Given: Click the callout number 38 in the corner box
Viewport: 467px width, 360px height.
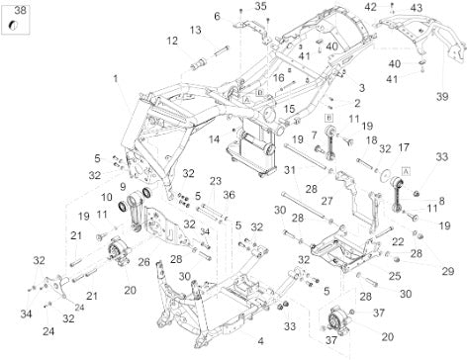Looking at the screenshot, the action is [x=20, y=10].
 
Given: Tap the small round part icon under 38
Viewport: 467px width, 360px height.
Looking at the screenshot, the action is [x=13, y=26].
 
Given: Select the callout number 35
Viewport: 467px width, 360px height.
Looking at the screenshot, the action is [x=260, y=6].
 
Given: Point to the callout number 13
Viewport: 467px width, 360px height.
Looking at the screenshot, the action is [x=195, y=30].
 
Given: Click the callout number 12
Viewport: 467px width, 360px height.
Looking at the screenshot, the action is [x=172, y=41].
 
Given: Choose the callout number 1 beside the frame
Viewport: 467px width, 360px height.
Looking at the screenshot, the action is [x=116, y=79].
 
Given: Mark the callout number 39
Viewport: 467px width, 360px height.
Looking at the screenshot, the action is [x=442, y=97].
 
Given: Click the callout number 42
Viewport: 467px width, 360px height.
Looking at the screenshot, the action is [x=370, y=7].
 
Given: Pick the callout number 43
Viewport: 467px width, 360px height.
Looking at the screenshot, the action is [x=417, y=8].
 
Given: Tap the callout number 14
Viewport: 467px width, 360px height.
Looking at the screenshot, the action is [x=214, y=139].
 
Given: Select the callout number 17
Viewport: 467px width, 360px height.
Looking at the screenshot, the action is [x=404, y=147].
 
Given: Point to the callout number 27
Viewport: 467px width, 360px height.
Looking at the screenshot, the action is [x=327, y=201].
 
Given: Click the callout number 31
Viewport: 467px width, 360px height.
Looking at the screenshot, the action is [x=290, y=170].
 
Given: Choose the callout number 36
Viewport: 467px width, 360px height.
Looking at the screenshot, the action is [x=229, y=195].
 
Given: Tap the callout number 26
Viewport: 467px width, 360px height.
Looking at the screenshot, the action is [x=143, y=262].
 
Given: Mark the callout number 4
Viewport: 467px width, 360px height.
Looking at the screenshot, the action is [x=260, y=341].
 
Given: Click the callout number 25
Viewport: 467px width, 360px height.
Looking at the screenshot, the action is [x=395, y=276].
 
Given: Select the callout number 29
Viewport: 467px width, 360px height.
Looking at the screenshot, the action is [x=448, y=271].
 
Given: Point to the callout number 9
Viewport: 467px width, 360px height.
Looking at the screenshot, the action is [x=123, y=187].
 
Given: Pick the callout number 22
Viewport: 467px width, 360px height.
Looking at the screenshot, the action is [x=398, y=241].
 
